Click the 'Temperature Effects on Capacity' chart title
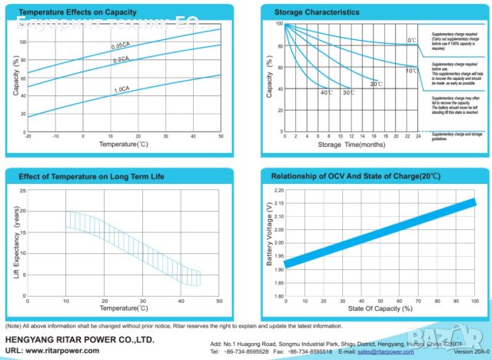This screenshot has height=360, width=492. coord(68,12)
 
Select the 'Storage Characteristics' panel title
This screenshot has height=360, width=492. coord(317,12)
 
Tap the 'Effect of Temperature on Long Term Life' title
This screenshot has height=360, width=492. coord(91,177)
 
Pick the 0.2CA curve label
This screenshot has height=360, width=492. coord(121,59)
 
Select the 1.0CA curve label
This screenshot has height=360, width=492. coord(121,90)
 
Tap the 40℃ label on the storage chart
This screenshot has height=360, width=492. coord(326,92)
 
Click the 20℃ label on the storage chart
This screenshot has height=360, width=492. coord(376,84)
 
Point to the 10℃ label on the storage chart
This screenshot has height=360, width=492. coord(412,71)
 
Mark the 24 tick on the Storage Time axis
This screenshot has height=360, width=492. coord(417,136)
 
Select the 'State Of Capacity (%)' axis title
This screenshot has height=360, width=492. coord(380,308)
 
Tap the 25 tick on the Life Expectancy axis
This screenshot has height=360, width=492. coord(22,190)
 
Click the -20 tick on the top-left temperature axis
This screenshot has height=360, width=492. coord(28,136)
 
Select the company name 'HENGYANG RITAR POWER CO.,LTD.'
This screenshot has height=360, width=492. coord(80,338)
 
